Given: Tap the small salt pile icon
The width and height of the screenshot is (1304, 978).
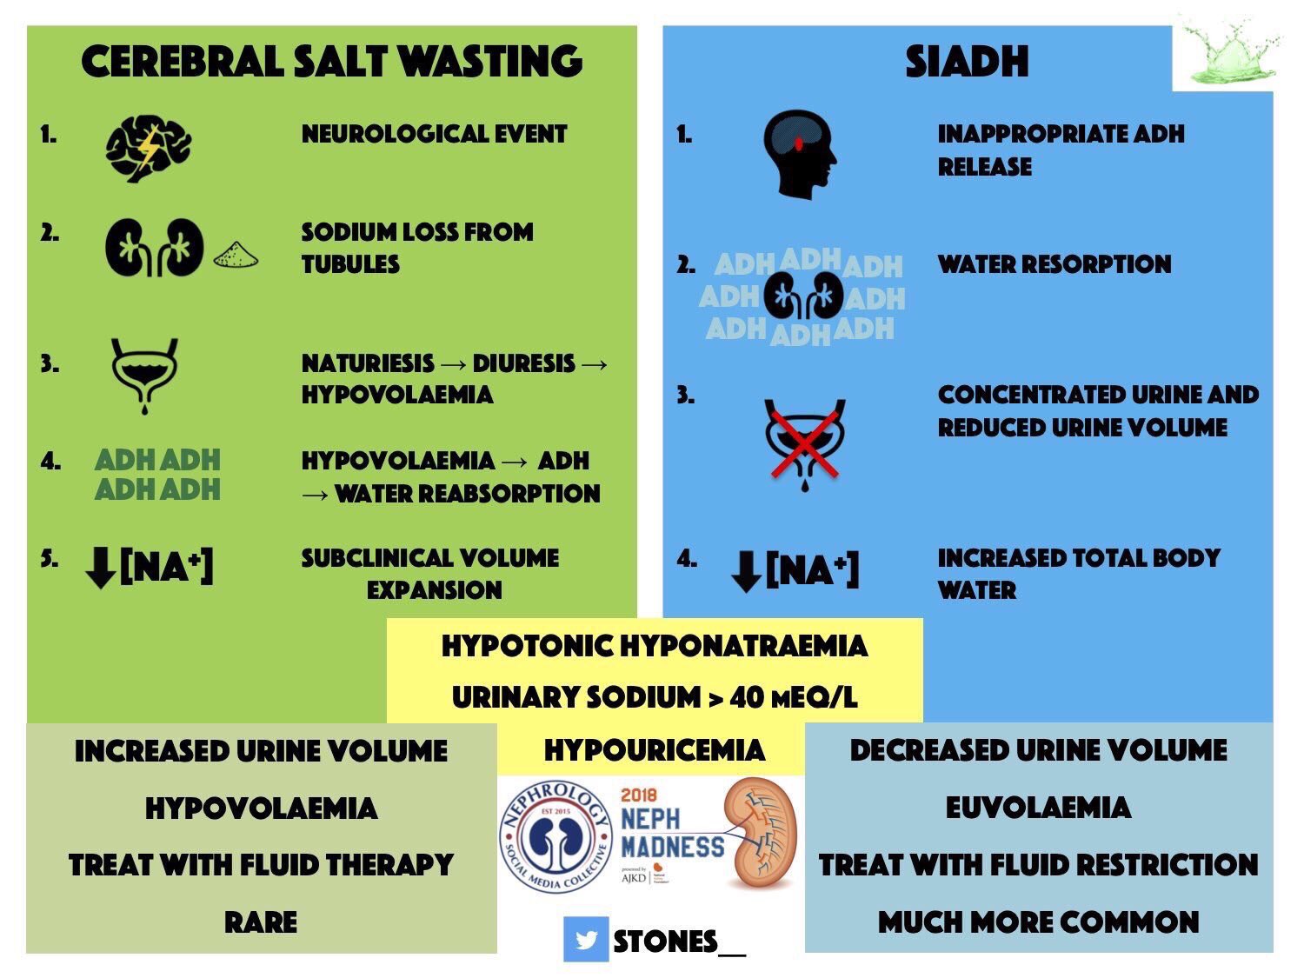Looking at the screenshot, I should tap(236, 254).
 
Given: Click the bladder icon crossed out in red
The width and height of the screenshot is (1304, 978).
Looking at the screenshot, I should tap(805, 443).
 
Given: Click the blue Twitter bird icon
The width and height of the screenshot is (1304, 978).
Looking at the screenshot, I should tap(585, 940).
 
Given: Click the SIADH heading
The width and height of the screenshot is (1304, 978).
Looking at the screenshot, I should tap(967, 62).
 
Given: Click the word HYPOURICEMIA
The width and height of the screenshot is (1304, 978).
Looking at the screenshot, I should tap(654, 750).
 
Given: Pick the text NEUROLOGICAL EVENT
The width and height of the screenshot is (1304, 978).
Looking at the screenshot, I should tap(434, 134).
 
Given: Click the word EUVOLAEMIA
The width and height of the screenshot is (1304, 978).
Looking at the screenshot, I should tap(1038, 808).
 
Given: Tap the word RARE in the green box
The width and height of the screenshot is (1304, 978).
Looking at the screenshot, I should tap(261, 921).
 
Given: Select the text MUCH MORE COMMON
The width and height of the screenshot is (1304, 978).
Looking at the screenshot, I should tap(1038, 921).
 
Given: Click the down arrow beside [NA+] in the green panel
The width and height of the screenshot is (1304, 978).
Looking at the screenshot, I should tap(101, 569).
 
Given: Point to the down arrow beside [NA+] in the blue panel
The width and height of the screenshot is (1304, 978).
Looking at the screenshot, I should tap(746, 571).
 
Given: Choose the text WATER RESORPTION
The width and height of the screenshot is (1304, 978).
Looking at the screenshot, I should tap(1054, 264).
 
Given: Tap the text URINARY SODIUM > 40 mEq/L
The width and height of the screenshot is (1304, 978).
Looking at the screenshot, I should tap(654, 697).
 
